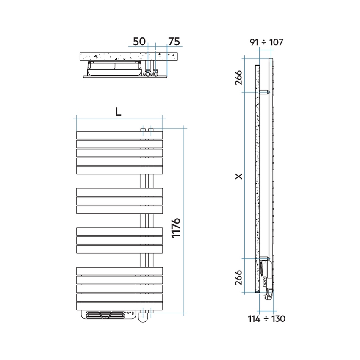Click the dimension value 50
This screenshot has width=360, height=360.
point(139,42)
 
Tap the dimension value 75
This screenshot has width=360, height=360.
point(174,42)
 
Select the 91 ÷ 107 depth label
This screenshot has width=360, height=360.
point(266,42)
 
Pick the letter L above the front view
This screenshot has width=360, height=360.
point(118,111)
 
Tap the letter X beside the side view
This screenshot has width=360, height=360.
point(239,176)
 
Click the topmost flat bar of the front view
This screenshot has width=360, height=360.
point(119,135)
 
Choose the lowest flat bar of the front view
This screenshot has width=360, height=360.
point(119,306)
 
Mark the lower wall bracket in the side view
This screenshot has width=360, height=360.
point(265,258)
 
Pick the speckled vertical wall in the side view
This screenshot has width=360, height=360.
point(257,178)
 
